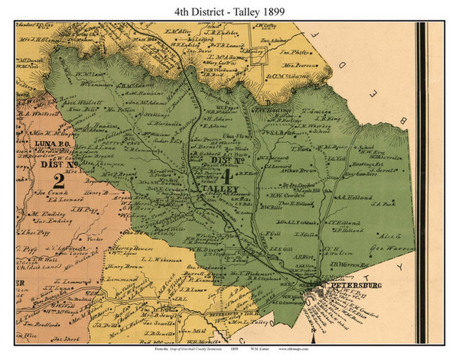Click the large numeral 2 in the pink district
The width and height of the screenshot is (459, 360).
tap(57, 180)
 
